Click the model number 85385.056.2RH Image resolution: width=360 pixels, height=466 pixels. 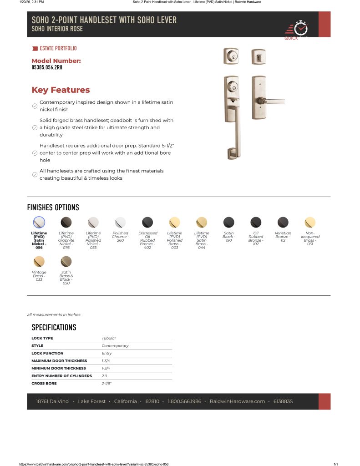[x=47, y=68]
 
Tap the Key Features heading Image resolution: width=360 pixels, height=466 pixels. [x=61, y=90]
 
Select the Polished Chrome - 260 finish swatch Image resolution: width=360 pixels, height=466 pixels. [x=120, y=223]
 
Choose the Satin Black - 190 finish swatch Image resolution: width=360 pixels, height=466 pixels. [x=228, y=223]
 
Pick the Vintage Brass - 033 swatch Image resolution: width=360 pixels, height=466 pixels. [x=39, y=262]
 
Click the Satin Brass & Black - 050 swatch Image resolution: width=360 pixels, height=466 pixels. [x=66, y=262]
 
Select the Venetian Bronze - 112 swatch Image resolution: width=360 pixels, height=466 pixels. [x=283, y=223]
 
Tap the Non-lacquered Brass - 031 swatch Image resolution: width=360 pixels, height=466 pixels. [x=310, y=223]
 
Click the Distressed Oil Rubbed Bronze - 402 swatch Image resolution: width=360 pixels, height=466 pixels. [x=147, y=223]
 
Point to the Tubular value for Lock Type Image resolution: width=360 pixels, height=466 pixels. [x=109, y=338]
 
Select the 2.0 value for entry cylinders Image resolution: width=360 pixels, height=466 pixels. [x=104, y=376]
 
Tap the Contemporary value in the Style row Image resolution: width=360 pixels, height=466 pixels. [x=115, y=346]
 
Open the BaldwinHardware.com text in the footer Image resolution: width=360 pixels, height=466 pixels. [x=237, y=401]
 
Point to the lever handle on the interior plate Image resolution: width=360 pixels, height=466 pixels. [x=273, y=100]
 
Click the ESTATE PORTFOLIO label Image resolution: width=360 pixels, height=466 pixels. [x=58, y=48]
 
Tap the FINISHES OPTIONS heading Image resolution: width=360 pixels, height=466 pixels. [x=53, y=208]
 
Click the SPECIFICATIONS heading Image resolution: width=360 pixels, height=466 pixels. [x=54, y=327]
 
